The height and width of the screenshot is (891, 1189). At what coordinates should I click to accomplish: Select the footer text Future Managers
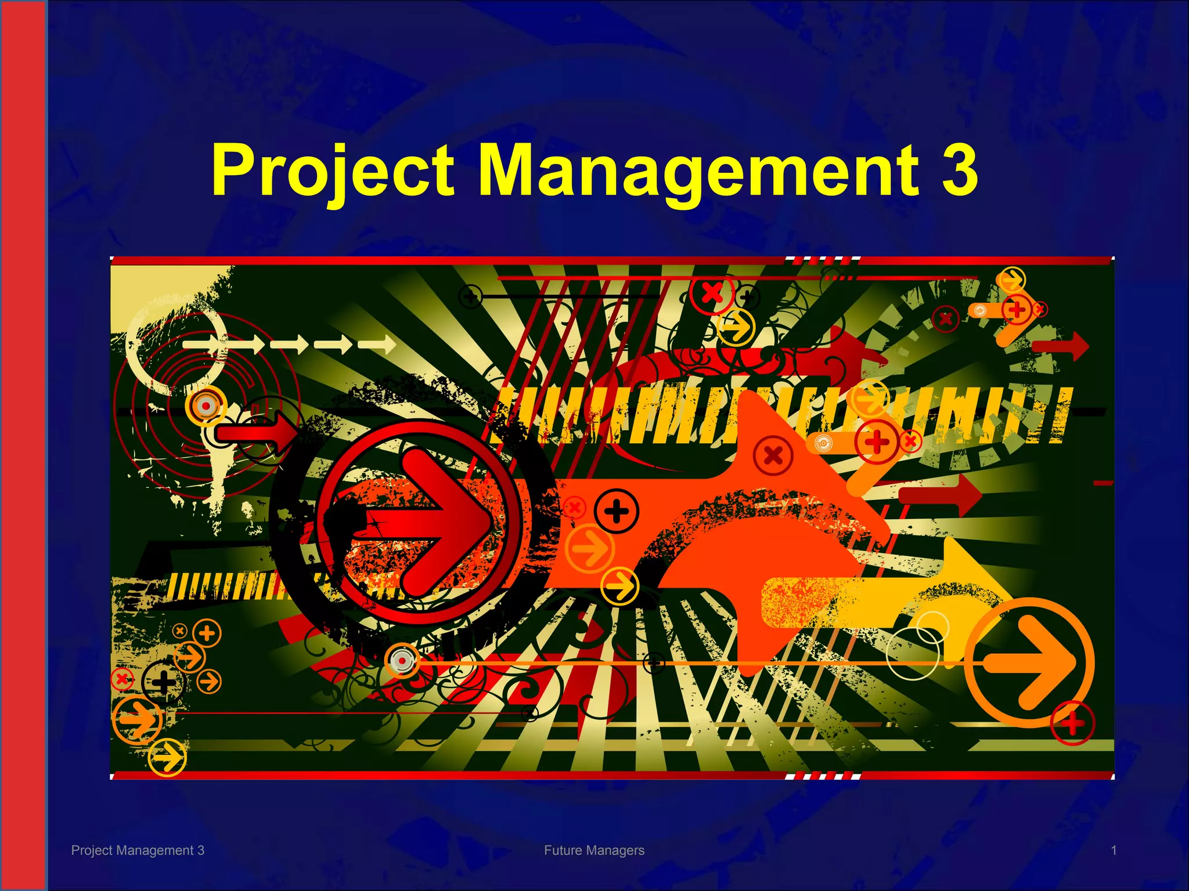click(x=594, y=850)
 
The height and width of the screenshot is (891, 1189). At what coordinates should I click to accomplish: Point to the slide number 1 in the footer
click(x=1114, y=850)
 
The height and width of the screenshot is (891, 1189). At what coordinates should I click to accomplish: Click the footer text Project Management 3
click(x=138, y=850)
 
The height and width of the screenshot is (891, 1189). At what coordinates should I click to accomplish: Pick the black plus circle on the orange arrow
click(x=617, y=511)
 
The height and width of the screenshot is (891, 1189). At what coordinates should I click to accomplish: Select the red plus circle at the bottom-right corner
click(x=1072, y=723)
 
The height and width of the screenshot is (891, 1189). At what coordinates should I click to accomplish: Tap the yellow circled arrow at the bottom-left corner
click(x=167, y=758)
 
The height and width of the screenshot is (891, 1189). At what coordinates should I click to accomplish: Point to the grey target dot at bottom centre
click(x=401, y=661)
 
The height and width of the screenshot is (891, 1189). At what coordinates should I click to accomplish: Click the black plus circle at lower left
click(x=163, y=682)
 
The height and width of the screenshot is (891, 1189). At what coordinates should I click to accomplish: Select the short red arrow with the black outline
click(x=255, y=432)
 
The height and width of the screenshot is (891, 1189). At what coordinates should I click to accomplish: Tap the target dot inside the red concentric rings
click(x=206, y=405)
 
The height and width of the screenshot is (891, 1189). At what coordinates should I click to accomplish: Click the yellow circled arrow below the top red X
click(x=736, y=327)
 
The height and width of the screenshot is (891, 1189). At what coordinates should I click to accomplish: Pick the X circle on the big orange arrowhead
click(x=773, y=455)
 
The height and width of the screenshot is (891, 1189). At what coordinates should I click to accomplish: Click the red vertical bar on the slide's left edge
click(x=23, y=445)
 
